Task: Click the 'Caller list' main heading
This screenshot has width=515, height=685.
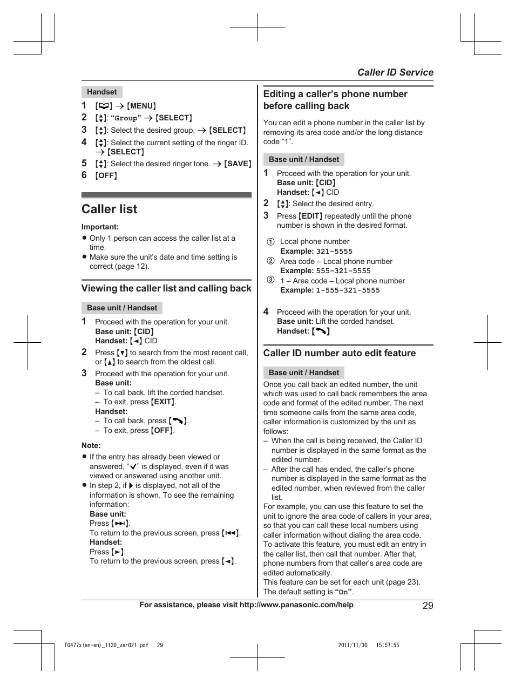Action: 110,209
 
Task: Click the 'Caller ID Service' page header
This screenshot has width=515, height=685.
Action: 395,72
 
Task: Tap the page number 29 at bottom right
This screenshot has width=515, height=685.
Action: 428,606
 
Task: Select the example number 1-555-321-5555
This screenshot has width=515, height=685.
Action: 348,290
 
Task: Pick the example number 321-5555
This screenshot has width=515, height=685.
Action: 334,252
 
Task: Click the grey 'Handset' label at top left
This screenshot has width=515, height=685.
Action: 101,92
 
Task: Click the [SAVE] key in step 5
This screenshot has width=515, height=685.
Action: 238,164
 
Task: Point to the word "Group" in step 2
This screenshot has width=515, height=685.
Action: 126,118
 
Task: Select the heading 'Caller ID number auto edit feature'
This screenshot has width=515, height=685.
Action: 339,353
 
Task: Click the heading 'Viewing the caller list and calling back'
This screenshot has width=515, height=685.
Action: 166,288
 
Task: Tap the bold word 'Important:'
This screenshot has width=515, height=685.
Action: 100,227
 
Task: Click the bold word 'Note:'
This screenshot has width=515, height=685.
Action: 91,446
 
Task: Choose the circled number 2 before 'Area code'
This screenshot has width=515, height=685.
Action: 270,261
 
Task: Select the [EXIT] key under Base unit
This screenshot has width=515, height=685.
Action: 162,402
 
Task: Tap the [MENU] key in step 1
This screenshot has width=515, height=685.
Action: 141,106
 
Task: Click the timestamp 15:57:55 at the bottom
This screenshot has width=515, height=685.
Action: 388,646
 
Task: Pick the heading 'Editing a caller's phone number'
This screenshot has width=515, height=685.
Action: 335,94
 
